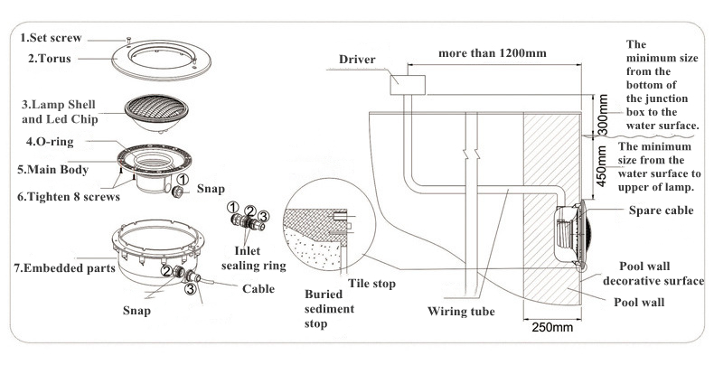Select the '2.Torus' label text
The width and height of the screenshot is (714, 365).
(50, 59)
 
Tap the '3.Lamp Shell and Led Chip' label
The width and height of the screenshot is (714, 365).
(60, 110)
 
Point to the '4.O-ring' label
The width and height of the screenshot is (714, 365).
(49, 143)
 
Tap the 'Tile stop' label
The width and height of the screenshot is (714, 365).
(372, 285)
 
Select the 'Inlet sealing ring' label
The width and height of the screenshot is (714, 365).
(260, 257)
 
